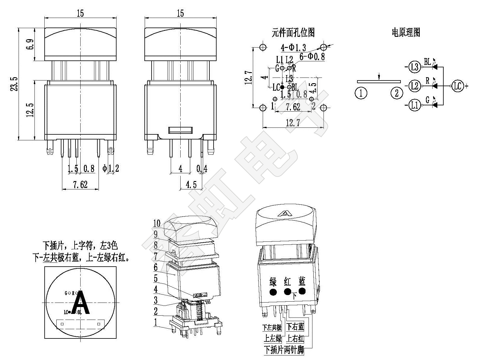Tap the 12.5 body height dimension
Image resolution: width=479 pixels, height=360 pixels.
tap(30, 110)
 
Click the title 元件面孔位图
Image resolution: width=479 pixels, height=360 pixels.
tap(293, 32)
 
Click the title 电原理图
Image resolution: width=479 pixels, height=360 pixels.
tap(406, 32)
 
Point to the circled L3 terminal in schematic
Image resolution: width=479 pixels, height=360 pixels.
tap(415, 67)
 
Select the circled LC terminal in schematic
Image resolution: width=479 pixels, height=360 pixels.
tap(457, 86)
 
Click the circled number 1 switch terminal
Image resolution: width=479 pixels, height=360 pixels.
tap(361, 93)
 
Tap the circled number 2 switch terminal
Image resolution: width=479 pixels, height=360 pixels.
tap(397, 93)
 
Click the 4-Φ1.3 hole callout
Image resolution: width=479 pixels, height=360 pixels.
tap(293, 47)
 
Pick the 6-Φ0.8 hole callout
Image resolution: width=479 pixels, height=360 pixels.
tap(312, 57)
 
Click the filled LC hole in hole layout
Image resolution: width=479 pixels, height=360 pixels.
tap(282, 87)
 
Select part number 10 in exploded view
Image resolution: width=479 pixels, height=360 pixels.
tap(157, 223)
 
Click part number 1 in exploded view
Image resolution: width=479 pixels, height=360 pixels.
tap(155, 322)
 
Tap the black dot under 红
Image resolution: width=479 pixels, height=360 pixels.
tap(288, 292)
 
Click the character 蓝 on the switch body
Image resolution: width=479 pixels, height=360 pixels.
tap(302, 281)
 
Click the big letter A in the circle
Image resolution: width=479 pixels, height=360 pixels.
tap(81, 304)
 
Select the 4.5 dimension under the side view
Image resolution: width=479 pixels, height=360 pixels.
tap(191, 185)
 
